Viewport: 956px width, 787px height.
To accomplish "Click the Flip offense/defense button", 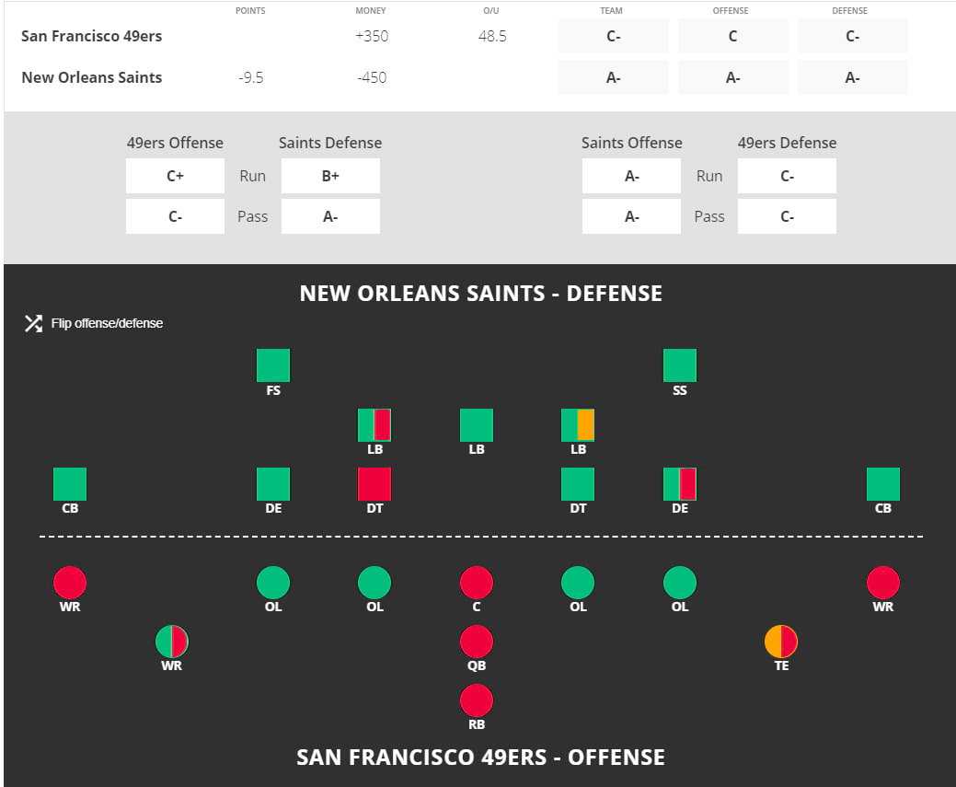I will [94, 323].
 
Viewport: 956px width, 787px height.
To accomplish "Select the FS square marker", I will [273, 365].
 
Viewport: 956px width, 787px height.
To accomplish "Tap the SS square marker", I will [680, 365].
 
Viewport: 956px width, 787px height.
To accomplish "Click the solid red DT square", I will [374, 484].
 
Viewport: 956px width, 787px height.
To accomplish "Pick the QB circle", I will [477, 642].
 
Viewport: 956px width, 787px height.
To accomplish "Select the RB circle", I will [477, 700].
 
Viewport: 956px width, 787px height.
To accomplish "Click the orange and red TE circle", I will [781, 642].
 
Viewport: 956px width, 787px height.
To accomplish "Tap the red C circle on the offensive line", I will [477, 583].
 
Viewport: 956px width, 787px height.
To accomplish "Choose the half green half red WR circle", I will [172, 642].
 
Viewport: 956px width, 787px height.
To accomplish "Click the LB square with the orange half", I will [578, 425].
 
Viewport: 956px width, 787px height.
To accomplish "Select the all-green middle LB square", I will [477, 425].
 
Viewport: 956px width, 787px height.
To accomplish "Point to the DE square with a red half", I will [680, 484].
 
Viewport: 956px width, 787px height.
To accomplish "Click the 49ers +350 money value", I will [371, 37].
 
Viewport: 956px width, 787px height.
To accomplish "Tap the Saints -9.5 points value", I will [251, 77].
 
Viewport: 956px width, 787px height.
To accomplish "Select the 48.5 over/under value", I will [491, 37].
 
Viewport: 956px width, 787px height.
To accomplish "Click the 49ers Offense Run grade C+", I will [175, 176].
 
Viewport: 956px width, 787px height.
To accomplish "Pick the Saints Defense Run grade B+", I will [330, 176].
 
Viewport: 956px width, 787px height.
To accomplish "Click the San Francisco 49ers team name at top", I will [91, 37].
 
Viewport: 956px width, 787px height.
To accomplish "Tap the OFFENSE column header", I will [732, 11].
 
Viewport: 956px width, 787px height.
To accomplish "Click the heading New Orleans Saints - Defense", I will [480, 294].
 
